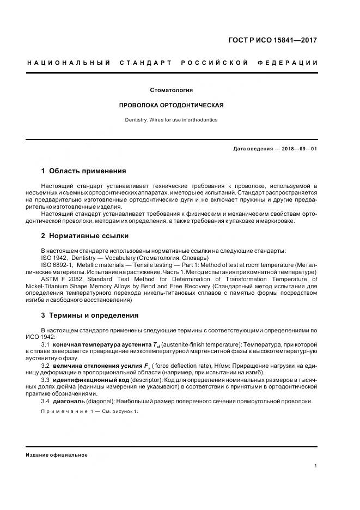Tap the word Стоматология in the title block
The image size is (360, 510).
click(x=172, y=90)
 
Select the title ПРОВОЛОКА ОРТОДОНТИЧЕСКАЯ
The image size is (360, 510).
click(x=172, y=105)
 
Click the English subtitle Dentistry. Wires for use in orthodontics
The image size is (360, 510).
click(x=172, y=119)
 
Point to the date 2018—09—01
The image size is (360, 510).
click(x=299, y=149)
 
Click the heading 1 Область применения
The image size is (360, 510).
click(x=83, y=171)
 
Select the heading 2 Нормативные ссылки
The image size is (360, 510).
click(x=84, y=236)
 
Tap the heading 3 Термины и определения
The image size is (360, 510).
click(x=89, y=315)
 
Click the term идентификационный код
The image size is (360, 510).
click(x=86, y=379)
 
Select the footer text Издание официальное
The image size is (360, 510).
click(x=57, y=455)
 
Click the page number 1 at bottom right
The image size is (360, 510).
click(x=316, y=466)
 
